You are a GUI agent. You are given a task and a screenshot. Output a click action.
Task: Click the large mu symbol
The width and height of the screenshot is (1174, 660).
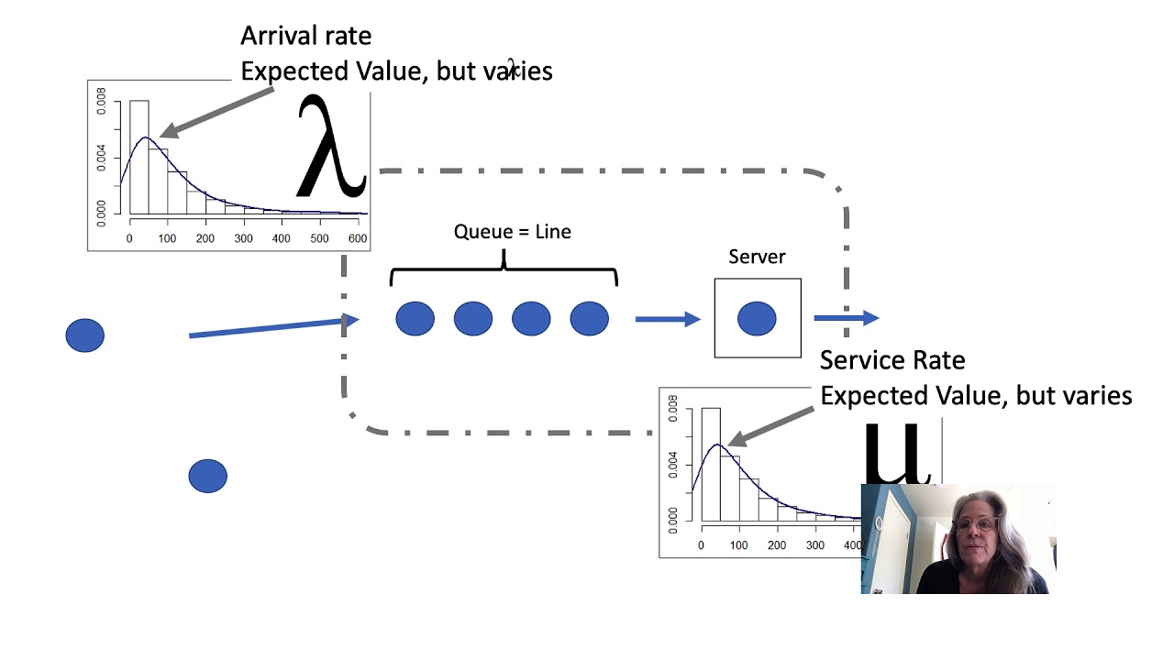coord(897,454)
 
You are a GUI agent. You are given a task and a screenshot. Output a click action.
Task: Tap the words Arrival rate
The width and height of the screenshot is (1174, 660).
coord(305,36)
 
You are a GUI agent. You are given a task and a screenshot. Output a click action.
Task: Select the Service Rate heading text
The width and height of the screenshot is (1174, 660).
coord(892,360)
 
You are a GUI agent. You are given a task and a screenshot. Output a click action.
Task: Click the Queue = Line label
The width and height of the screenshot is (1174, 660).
coord(512,232)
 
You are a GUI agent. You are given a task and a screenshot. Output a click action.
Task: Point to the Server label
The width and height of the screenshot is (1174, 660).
coord(757,257)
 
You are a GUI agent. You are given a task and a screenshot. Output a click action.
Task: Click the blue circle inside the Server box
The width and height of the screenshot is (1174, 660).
coord(757,319)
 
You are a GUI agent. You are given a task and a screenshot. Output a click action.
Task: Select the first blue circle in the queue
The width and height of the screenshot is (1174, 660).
coord(415,319)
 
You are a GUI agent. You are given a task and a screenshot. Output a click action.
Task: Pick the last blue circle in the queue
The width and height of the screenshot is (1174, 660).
coord(589,319)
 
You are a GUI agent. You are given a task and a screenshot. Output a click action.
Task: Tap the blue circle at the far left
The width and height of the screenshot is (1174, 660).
coord(85,335)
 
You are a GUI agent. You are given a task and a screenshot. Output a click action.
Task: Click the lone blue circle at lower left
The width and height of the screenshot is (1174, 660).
coord(207,477)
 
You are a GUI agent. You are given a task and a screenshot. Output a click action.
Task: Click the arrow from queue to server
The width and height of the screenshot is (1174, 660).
coord(668,319)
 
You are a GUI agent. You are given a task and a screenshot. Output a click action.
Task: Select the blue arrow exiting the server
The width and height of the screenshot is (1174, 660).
coord(846,318)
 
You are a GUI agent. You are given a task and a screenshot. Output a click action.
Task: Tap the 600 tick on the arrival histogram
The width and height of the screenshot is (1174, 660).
coord(357,238)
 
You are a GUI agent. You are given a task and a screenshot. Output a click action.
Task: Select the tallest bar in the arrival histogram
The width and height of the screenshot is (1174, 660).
coord(138,156)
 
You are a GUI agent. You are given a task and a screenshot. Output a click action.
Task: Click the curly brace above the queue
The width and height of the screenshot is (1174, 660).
coord(504,270)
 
